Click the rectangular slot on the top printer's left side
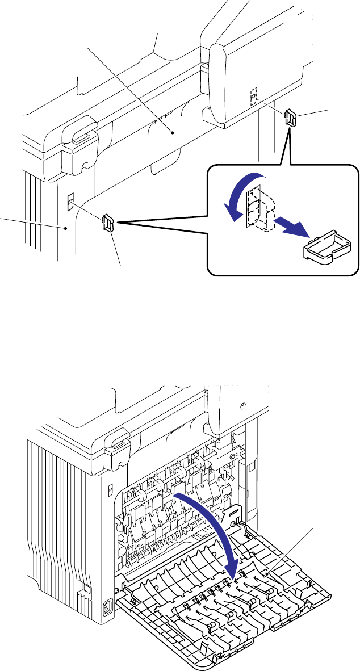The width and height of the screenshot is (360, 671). coord(70,202)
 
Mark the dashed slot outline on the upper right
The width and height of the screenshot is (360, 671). coord(254,98)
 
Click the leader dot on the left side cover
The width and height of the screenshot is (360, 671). coord(66,228)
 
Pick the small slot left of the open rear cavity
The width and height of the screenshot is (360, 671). coord(111,488)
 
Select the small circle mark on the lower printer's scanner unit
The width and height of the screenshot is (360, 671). coord(242,406)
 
